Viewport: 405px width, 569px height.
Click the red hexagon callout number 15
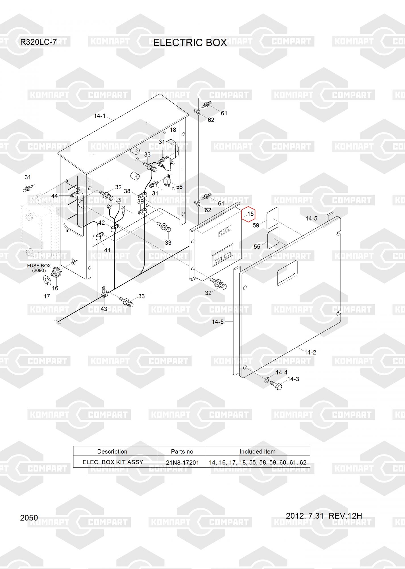[249, 214]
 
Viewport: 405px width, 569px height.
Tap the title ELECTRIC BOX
[190, 43]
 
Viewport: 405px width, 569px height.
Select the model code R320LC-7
[38, 42]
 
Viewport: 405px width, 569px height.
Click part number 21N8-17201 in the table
[182, 463]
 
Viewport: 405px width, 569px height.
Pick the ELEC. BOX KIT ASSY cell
[113, 462]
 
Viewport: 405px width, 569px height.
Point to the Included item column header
[257, 452]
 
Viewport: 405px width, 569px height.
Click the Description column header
[112, 452]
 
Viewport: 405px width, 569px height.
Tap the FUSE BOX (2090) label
[39, 268]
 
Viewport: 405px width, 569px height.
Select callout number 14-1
[100, 116]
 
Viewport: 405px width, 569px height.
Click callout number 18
[173, 130]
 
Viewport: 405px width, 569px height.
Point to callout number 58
[179, 187]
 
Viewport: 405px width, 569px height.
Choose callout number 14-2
[310, 352]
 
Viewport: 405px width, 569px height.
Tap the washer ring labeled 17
[47, 280]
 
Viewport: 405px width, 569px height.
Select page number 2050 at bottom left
[29, 518]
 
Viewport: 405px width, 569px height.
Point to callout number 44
[54, 196]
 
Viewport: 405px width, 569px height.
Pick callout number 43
[104, 309]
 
